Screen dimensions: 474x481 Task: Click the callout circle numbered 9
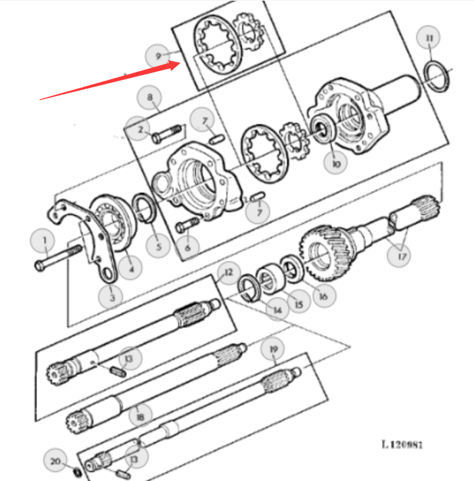coord(158,56)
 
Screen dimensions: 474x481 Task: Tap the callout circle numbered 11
coord(429,38)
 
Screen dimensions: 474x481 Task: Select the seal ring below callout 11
coord(436,76)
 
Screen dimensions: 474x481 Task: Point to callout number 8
coord(149,97)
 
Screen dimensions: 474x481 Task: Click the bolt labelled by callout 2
coord(166,134)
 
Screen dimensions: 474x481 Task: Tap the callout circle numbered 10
coord(336,163)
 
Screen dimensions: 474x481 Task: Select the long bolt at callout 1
coord(58,257)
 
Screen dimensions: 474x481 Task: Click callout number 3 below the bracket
coord(111,296)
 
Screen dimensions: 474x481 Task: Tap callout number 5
coord(158,246)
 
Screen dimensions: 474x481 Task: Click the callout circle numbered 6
coord(187,247)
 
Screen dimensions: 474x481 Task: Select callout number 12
coord(229,273)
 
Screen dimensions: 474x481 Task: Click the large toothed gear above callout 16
coord(327,252)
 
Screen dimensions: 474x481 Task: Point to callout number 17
coord(399,256)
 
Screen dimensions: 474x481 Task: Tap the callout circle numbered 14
coord(277,309)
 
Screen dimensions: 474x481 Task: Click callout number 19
coord(273,350)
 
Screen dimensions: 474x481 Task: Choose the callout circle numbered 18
coord(140,416)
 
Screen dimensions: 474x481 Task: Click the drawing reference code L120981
coord(402,444)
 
